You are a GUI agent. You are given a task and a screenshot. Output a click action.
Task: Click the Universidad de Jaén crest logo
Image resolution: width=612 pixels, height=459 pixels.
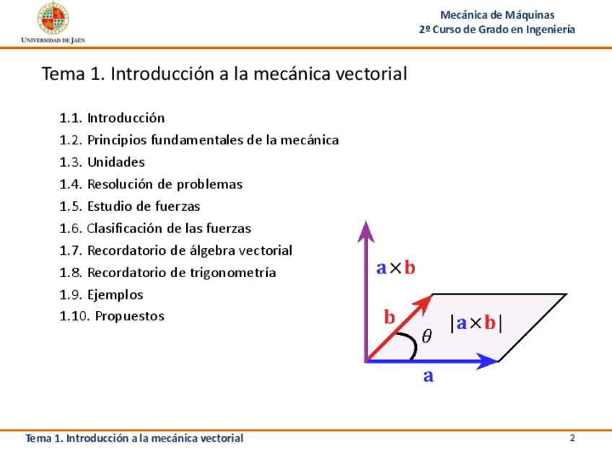53,18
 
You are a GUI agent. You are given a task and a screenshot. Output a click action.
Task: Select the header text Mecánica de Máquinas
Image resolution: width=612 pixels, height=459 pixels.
497,15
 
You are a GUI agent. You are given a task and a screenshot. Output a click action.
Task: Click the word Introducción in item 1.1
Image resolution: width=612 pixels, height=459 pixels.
126,118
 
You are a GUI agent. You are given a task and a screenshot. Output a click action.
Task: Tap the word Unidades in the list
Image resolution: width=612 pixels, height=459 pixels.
116,162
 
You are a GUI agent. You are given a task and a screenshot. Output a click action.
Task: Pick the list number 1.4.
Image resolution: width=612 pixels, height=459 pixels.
71,184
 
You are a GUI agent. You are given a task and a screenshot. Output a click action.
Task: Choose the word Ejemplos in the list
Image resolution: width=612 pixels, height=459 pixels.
115,294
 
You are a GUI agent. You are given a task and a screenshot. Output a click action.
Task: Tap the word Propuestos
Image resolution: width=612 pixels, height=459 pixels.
130,316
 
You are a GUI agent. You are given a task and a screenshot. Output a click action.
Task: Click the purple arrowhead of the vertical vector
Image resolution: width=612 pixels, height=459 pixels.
366,232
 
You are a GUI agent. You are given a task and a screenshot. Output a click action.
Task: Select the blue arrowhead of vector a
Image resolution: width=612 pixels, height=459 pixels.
487,361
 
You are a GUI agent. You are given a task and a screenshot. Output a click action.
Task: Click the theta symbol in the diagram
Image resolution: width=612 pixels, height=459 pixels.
427,336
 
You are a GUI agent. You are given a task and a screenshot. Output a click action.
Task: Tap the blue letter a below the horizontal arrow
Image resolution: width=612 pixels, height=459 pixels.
428,376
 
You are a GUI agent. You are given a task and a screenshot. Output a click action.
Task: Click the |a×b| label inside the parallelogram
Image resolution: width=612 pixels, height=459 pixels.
476,323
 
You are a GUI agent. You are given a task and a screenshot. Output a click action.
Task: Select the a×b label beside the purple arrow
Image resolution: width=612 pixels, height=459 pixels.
395,268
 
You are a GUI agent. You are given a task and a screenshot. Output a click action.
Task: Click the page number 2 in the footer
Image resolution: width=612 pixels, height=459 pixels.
572,438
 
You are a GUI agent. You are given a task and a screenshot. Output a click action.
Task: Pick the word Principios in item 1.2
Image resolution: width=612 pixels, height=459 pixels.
116,141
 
